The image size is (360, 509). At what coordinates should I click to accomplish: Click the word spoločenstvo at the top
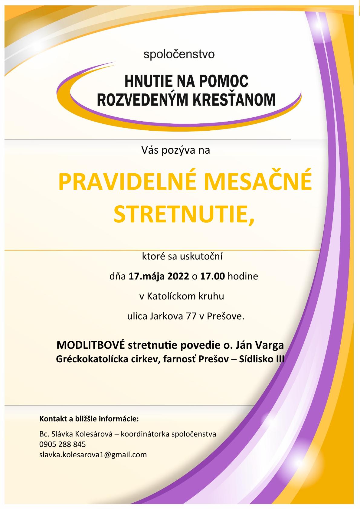pyautogui.click(x=179, y=55)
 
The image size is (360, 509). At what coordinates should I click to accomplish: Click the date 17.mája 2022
pyautogui.click(x=159, y=276)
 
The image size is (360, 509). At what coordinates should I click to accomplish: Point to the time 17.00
pyautogui.click(x=212, y=276)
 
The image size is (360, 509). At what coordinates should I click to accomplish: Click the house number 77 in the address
pyautogui.click(x=189, y=316)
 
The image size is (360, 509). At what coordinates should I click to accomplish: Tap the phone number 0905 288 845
pyautogui.click(x=62, y=444)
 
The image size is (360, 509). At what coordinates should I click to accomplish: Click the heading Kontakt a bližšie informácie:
pyautogui.click(x=89, y=419)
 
